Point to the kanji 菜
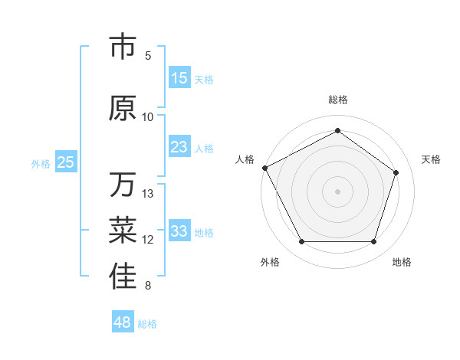[x=123, y=231]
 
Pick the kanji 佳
[x=123, y=277]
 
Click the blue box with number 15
[x=179, y=78]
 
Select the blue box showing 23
[x=179, y=147]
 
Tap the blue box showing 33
[x=179, y=231]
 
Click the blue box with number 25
[x=65, y=162]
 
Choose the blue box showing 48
[x=123, y=322]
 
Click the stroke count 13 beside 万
[x=149, y=194]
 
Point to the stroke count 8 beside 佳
[x=148, y=286]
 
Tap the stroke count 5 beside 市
[x=148, y=55]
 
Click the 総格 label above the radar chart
[x=337, y=100]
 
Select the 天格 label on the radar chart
[x=431, y=159]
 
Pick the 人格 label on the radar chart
[x=245, y=159]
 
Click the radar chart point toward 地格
[x=373, y=242]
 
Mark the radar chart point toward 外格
[x=301, y=242]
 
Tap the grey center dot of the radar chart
[x=337, y=191]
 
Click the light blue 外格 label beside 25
[x=40, y=163]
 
